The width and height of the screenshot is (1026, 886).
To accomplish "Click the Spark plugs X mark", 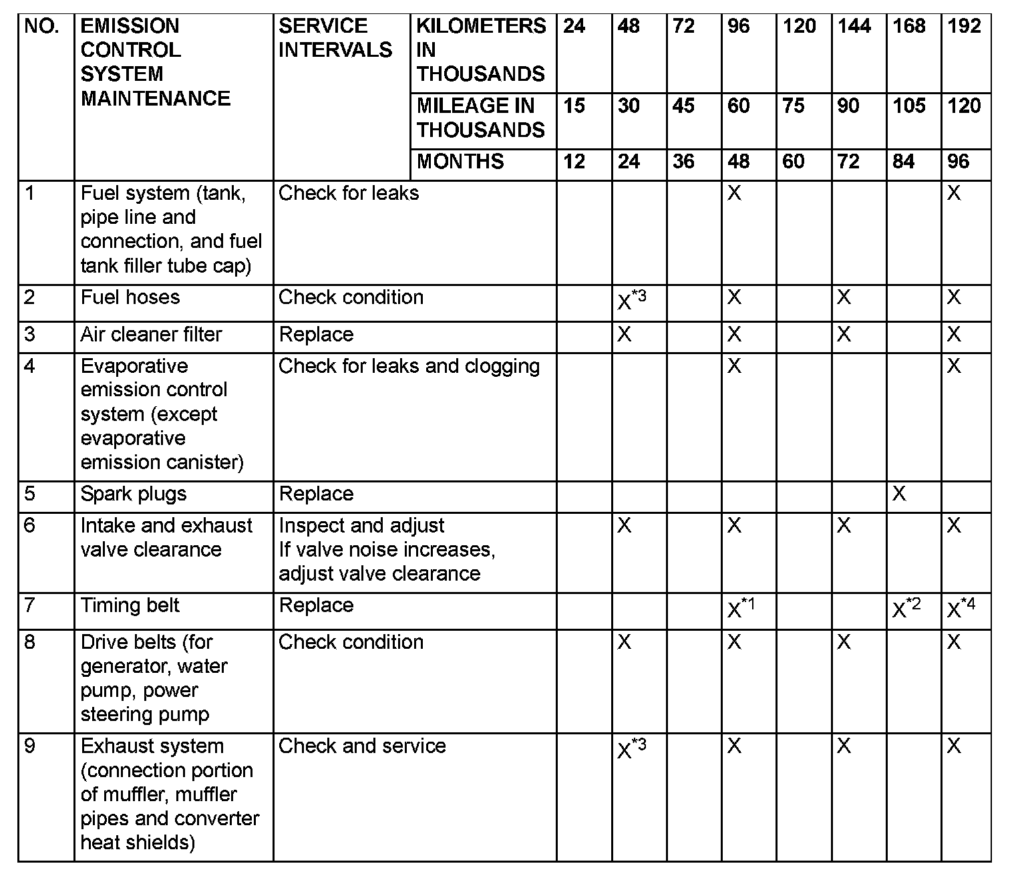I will tap(899, 494).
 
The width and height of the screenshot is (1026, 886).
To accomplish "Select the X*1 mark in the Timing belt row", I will tap(741, 609).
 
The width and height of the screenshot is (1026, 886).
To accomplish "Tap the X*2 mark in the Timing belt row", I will tap(906, 609).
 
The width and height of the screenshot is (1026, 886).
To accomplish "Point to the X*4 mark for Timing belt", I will tap(961, 609).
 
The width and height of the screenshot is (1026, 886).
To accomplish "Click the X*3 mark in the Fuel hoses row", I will tap(631, 301).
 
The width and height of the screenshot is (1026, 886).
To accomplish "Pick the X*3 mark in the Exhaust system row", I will tap(631, 749).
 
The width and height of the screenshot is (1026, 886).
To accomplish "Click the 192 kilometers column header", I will tap(964, 27).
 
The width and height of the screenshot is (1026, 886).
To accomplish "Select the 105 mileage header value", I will tap(908, 106).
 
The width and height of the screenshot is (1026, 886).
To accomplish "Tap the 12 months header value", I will tap(574, 162).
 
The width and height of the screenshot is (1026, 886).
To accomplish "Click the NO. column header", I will tap(41, 27).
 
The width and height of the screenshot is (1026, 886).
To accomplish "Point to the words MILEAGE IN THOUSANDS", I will tap(480, 118).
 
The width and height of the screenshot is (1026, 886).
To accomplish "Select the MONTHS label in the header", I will tap(460, 162).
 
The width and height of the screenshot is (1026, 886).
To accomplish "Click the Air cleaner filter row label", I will tap(151, 334).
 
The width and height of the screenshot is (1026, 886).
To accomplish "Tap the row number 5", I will tap(29, 494).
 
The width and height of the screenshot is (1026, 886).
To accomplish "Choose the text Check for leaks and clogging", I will tap(409, 366).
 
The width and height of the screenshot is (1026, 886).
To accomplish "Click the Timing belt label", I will tap(130, 605).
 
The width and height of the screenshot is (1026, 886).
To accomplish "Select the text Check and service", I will tap(361, 746).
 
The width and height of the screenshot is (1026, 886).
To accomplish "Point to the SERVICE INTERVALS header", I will tap(335, 38).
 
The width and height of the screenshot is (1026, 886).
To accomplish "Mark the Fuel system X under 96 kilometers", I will tap(734, 194).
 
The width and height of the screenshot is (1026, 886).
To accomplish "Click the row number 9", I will tap(29, 746).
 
